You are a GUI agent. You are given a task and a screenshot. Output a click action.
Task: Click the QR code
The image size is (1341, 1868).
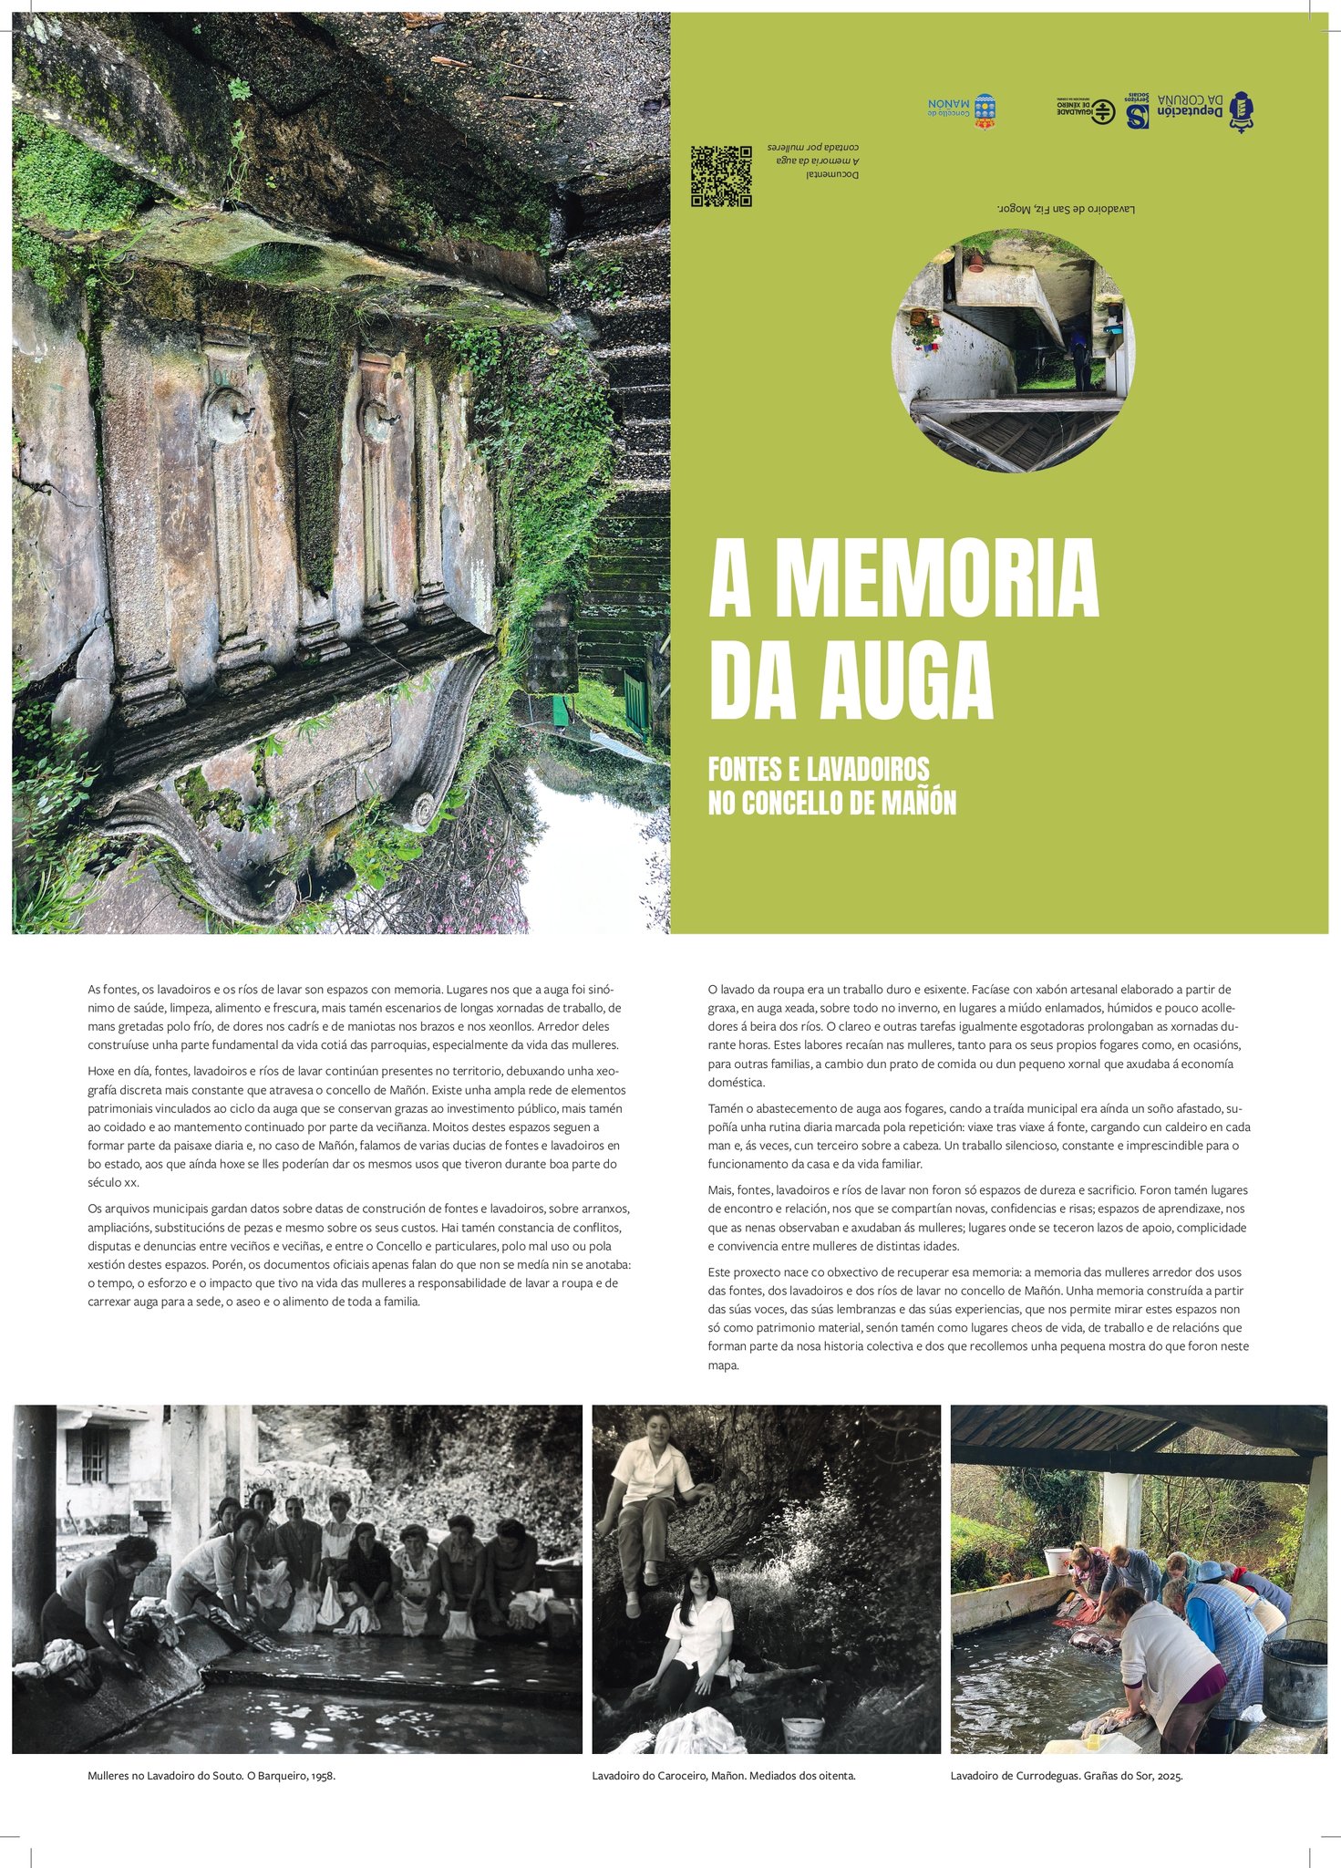pos(721,176)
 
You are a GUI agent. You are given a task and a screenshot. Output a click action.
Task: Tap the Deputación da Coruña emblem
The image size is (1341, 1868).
pos(1242,111)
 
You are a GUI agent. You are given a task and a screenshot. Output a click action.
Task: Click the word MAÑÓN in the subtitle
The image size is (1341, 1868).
pos(913,804)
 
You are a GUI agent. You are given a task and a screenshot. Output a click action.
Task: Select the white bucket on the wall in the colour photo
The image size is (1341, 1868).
pos(1056,1561)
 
